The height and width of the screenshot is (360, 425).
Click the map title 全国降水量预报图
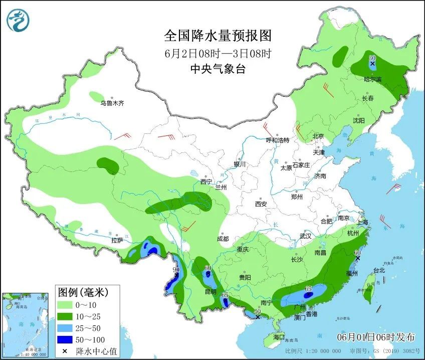click(x=218, y=36)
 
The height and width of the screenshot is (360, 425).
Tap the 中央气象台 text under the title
click(x=218, y=70)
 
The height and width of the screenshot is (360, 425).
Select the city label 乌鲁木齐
click(x=111, y=103)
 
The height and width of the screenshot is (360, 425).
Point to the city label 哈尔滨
click(x=372, y=79)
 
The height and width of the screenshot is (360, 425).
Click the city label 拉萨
click(x=117, y=241)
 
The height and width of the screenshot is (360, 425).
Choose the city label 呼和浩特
click(x=277, y=140)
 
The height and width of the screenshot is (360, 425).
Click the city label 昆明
click(x=210, y=291)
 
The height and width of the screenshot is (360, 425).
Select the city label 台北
click(x=378, y=270)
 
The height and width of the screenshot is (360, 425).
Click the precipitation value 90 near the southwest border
click(x=176, y=270)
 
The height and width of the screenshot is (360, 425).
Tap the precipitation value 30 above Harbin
click(x=372, y=58)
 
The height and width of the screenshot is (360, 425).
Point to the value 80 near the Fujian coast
click(x=357, y=253)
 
